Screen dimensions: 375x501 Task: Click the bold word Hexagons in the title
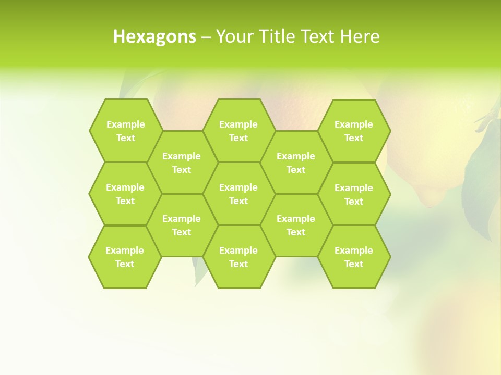coord(154,36)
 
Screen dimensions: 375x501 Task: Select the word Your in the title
coord(233,36)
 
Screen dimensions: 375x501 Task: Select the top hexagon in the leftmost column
coord(125,131)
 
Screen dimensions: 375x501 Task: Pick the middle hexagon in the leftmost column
coord(125,194)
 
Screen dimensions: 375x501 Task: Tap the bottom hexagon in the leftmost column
coord(125,257)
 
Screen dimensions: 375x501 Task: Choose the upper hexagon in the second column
coord(182,162)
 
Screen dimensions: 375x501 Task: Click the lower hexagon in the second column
coord(182,225)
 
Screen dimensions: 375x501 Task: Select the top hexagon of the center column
coord(238,131)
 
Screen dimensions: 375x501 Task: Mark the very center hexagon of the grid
coord(238,194)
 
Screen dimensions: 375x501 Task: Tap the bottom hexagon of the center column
coord(238,257)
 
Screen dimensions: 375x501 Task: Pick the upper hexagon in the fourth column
coord(296,162)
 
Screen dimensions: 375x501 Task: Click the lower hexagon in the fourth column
coord(296,225)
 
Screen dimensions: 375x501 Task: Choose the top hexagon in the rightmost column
coord(354,131)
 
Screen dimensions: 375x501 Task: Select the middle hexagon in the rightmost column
coord(354,194)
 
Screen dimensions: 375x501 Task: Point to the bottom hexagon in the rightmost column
coord(354,257)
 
